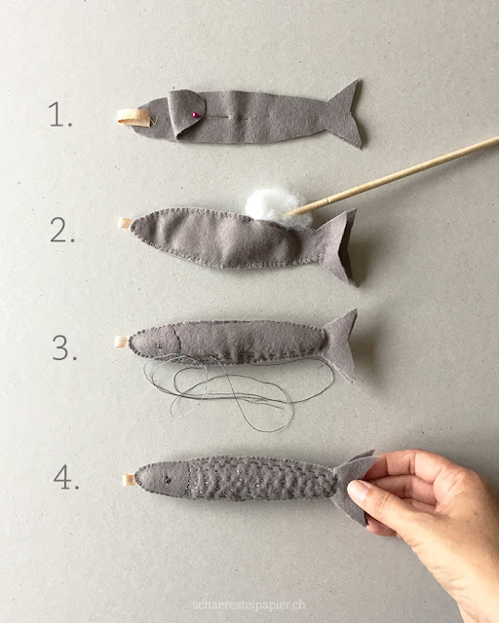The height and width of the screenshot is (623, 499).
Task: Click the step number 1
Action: pyautogui.click(x=60, y=115)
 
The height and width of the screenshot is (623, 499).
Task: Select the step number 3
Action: pyautogui.click(x=64, y=348)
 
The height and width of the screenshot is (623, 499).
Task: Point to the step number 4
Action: pyautogui.click(x=66, y=477)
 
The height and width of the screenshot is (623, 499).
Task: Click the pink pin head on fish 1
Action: pyautogui.click(x=195, y=115)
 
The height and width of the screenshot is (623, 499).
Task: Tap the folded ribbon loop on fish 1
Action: pyautogui.click(x=134, y=118)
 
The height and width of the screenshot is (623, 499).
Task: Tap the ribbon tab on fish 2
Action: pyautogui.click(x=125, y=223)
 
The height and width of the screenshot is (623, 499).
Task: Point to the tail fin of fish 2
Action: pyautogui.click(x=337, y=244)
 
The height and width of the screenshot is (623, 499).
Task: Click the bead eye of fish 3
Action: pyautogui.click(x=159, y=347)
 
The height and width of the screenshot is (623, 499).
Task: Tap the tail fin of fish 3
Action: pyautogui.click(x=340, y=345)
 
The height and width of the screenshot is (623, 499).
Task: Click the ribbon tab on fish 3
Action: pyautogui.click(x=122, y=342)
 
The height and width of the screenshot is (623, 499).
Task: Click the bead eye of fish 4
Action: pyautogui.click(x=169, y=480)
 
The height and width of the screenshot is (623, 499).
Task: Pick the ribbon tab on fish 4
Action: pyautogui.click(x=130, y=480)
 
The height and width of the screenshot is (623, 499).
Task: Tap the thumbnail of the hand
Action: pyautogui.click(x=358, y=490)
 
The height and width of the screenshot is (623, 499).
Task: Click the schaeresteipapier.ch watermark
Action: pyautogui.click(x=249, y=605)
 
